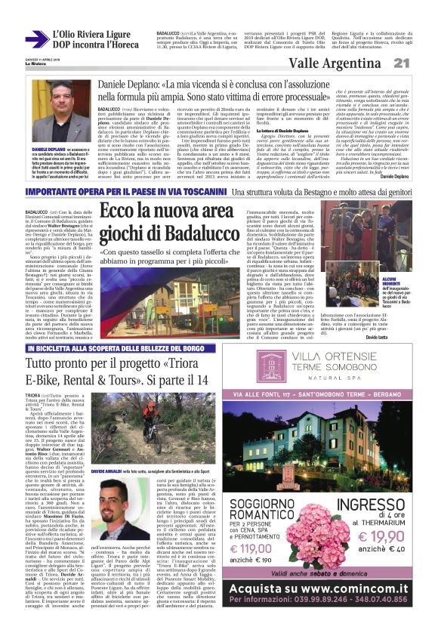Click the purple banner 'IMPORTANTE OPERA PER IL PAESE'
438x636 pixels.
[x=104, y=193]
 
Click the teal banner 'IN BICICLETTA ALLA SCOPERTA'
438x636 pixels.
[x=122, y=350]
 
